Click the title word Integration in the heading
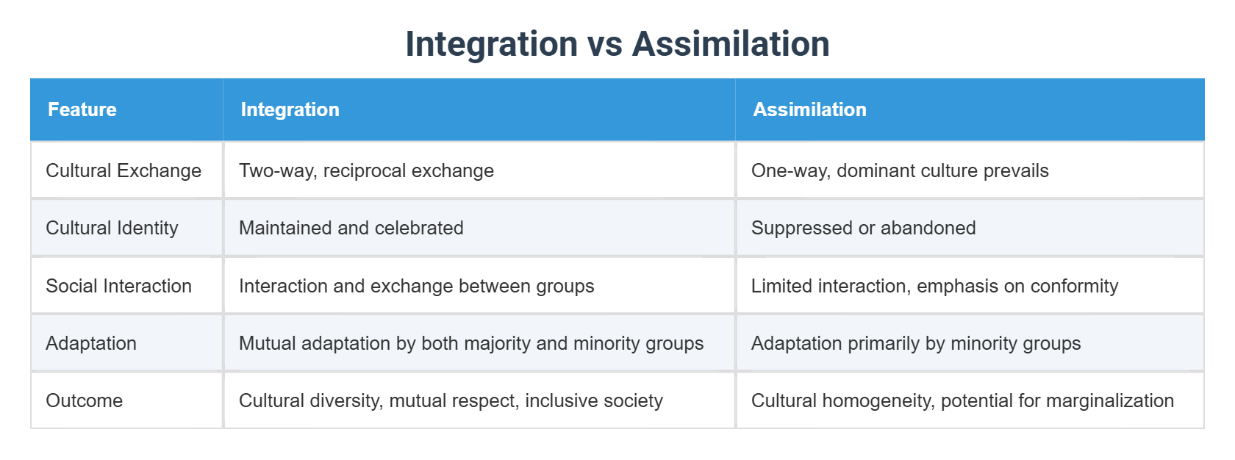click(491, 43)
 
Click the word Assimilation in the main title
click(731, 43)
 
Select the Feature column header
click(82, 109)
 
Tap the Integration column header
click(290, 109)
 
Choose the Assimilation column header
click(809, 109)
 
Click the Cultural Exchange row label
click(124, 170)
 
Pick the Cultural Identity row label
click(112, 228)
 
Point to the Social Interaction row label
click(118, 286)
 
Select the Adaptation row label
click(91, 343)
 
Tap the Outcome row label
click(84, 400)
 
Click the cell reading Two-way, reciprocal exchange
click(366, 170)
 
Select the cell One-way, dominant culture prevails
click(900, 170)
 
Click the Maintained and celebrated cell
click(351, 228)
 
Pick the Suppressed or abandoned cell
click(863, 228)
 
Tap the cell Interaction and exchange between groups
click(416, 286)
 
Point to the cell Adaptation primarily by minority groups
click(916, 343)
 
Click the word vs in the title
click(604, 43)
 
